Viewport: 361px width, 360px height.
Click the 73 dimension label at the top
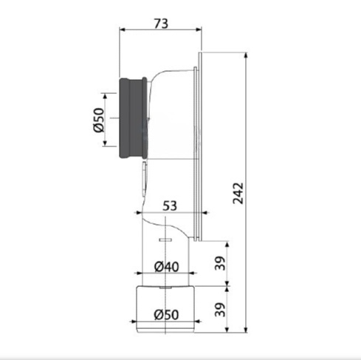point(161,24)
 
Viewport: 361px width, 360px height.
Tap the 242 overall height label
point(238,194)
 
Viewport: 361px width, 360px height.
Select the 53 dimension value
point(170,206)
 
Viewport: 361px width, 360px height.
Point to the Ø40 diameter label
point(167,267)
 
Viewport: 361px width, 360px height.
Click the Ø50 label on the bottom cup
point(166,315)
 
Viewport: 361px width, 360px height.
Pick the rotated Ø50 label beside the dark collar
point(99,120)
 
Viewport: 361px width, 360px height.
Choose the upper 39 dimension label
point(220,263)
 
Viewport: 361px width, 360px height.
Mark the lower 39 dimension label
point(220,310)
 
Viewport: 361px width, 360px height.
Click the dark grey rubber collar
point(134,118)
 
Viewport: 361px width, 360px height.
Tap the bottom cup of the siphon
point(166,309)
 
